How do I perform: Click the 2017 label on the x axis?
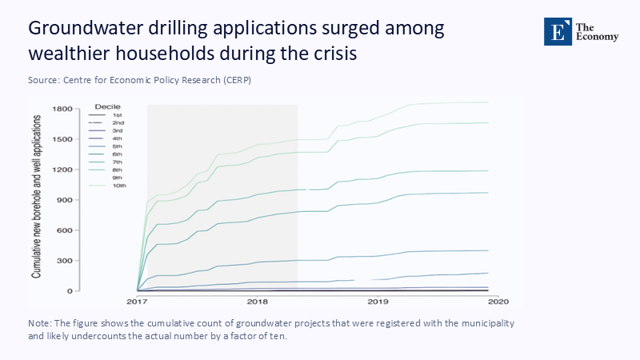tap(138, 302)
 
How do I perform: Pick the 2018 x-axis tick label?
tap(258, 302)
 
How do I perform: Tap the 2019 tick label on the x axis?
tap(378, 302)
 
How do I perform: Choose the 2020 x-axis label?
tap(498, 302)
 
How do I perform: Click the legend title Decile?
tap(107, 106)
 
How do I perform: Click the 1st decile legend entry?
tap(117, 115)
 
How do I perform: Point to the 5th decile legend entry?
tap(118, 146)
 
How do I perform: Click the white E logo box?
tap(556, 30)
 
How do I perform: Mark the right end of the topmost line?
tap(488, 102)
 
